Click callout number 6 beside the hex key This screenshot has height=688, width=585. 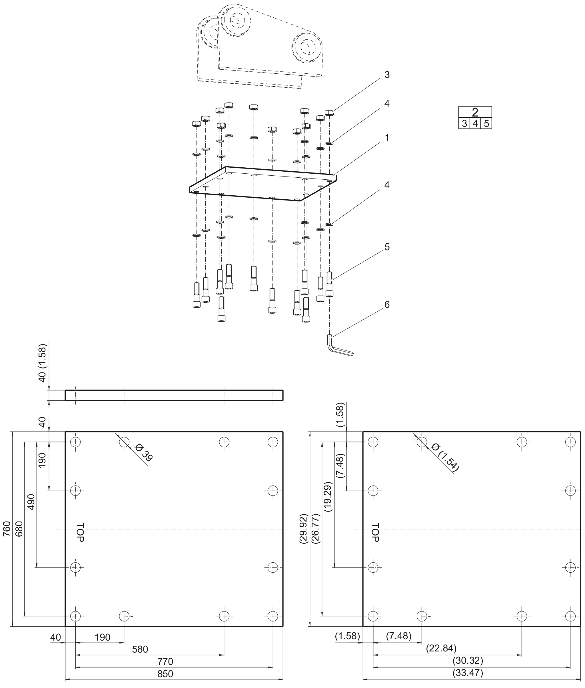(x=387, y=304)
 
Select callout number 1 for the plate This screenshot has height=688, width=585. (x=387, y=137)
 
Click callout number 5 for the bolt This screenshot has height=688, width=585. (x=387, y=247)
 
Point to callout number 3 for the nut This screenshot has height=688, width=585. (x=387, y=75)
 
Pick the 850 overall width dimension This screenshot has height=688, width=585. (x=165, y=673)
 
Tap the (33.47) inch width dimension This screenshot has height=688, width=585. (x=468, y=673)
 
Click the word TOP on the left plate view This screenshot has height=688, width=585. (x=80, y=532)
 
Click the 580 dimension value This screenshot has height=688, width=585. (x=140, y=649)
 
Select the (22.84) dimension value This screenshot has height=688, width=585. (x=441, y=648)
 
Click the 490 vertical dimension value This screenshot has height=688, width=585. (x=31, y=502)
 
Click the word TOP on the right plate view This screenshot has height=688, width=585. (x=375, y=532)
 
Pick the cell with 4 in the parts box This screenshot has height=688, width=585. (x=475, y=123)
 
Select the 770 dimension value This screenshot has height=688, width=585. (x=165, y=661)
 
